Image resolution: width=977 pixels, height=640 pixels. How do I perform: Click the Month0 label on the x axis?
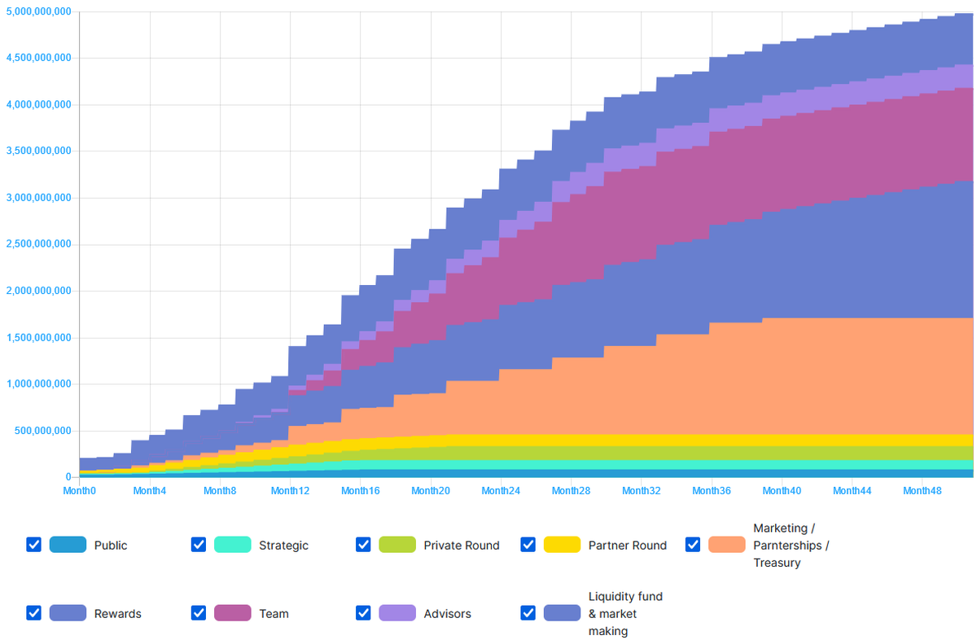[80, 491]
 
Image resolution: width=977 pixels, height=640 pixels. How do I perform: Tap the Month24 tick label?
[501, 491]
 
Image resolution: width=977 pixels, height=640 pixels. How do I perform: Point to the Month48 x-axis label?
[922, 491]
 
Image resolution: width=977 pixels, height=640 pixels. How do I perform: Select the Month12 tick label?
[291, 491]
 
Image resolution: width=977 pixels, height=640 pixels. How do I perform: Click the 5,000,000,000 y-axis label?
[37, 12]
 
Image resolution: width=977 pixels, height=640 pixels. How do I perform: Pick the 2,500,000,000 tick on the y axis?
[37, 244]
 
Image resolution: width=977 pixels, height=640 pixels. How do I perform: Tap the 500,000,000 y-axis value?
[42, 431]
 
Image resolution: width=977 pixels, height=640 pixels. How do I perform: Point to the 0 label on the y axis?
[68, 477]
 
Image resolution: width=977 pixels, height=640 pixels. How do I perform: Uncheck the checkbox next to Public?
[33, 545]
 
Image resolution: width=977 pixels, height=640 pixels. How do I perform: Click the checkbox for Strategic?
[199, 545]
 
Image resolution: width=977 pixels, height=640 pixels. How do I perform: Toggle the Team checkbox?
[199, 613]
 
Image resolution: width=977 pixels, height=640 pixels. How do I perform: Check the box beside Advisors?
[364, 613]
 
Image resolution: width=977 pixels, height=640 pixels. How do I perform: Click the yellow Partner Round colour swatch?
[562, 545]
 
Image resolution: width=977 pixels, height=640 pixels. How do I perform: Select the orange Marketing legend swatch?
[726, 545]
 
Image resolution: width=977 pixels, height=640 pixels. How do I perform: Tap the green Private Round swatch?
[397, 545]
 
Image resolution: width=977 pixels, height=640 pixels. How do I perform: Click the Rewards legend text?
[117, 614]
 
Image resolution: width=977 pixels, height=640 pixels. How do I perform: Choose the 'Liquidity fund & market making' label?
[625, 614]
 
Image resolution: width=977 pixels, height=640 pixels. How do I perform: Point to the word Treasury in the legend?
[777, 563]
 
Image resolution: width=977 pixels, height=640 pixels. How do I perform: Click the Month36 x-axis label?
[712, 491]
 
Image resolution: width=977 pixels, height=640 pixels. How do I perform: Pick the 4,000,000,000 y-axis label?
[37, 105]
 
